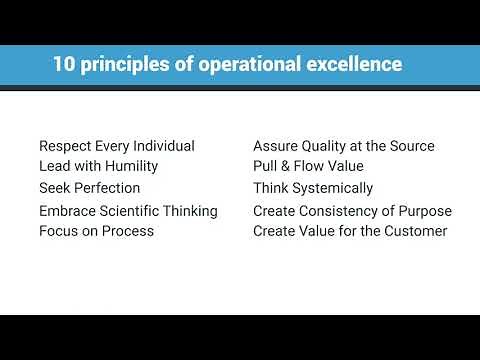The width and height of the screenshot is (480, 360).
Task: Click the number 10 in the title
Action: [x=64, y=65]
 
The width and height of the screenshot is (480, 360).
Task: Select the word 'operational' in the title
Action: [x=248, y=65]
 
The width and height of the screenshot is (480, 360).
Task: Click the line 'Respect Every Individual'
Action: [x=117, y=146]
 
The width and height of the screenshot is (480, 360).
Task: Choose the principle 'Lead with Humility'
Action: [x=98, y=166]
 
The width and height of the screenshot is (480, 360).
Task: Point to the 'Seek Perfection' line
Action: [x=89, y=188]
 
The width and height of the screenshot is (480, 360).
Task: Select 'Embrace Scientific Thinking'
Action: [x=128, y=211]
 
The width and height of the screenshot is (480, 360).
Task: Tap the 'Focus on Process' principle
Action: [x=96, y=231]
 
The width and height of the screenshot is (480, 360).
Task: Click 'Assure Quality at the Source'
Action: [x=343, y=146]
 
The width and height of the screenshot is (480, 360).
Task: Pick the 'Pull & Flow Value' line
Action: [x=308, y=166]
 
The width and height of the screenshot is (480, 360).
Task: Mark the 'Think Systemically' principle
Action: [x=313, y=188]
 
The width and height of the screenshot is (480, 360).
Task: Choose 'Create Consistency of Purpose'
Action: [x=352, y=211]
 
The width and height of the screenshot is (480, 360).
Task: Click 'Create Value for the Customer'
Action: [x=349, y=231]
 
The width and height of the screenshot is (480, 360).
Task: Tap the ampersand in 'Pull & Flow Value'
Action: [x=285, y=166]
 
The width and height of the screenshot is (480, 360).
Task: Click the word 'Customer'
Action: [x=415, y=231]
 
